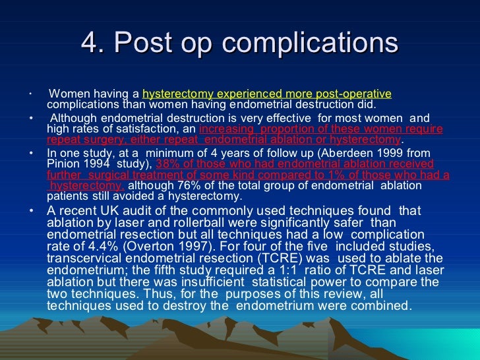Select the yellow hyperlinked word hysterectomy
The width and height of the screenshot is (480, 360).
click(171, 94)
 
